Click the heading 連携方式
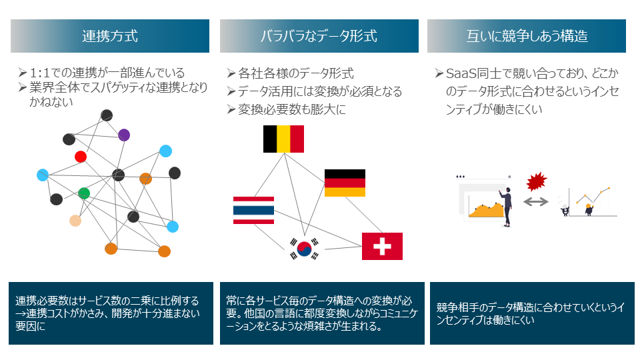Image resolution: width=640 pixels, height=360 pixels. tap(110, 36)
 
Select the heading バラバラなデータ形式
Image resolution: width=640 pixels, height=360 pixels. tap(319, 36)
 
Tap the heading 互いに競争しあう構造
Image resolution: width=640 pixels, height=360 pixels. tap(527, 36)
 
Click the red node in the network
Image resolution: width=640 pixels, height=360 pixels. tap(81, 157)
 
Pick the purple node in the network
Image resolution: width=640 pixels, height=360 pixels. tap(123, 135)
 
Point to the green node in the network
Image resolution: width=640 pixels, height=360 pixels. tap(84, 193)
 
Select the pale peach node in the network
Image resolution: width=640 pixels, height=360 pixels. tap(75, 221)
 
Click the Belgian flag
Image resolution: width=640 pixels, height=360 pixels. tap(283, 139)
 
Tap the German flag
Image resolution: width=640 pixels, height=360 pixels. tap(345, 183)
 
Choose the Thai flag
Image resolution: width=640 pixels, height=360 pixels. tap(253, 210)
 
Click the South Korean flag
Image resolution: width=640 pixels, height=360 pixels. tap(304, 249)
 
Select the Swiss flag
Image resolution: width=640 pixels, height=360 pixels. tap(382, 246)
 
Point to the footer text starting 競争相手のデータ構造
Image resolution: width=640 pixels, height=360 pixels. tap(530, 313)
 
